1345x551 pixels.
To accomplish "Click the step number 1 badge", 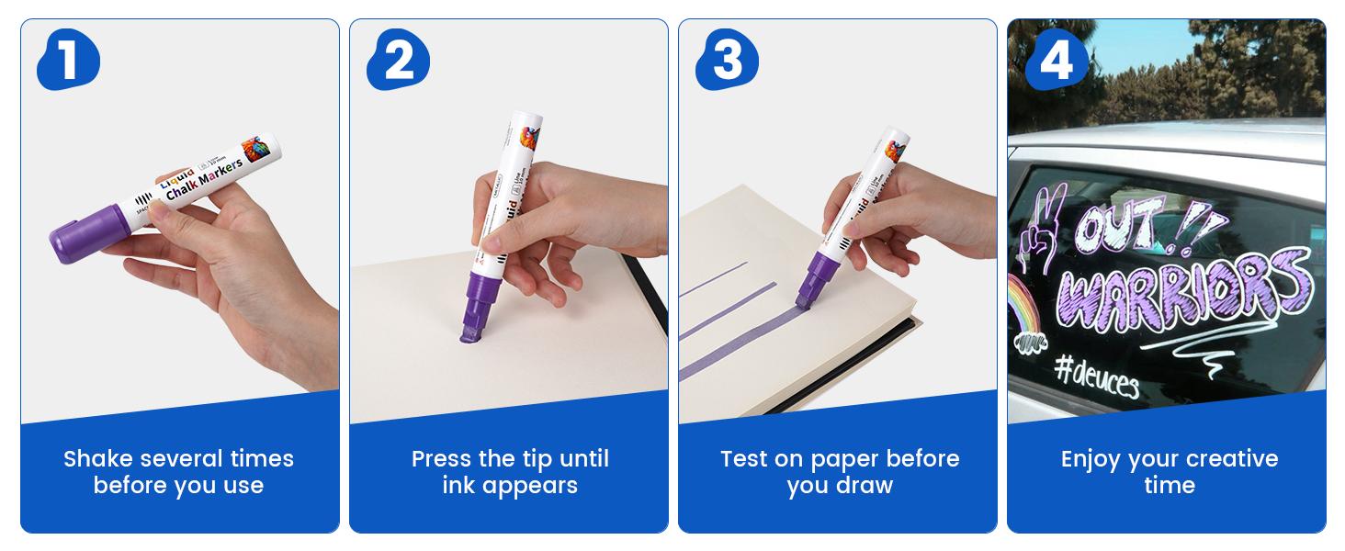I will (x=67, y=62).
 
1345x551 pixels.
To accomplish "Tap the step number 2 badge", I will (x=397, y=62).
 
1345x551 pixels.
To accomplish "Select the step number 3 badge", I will (x=726, y=62).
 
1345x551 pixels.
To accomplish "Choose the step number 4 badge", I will (x=1056, y=62).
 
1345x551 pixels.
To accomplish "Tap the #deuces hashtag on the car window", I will (x=1096, y=375).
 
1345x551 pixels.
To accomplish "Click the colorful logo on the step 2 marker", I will (x=530, y=138).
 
